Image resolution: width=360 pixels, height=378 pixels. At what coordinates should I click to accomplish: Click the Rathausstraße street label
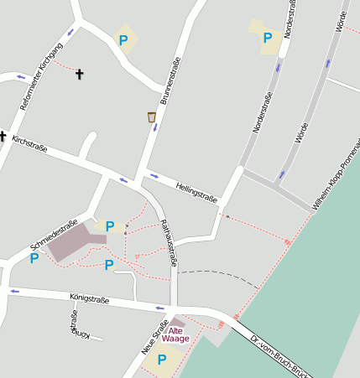click(168, 243)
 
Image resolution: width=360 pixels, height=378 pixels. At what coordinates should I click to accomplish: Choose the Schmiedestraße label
click(54, 235)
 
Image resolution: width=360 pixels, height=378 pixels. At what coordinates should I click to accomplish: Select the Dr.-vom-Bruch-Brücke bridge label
click(280, 357)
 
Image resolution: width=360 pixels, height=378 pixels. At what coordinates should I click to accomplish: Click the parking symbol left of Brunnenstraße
click(124, 39)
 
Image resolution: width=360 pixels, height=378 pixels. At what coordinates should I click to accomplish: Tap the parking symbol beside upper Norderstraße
click(268, 38)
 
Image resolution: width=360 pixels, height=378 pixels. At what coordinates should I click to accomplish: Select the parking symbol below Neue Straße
click(160, 361)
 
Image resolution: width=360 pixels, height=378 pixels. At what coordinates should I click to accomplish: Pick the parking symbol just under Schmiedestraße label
click(34, 258)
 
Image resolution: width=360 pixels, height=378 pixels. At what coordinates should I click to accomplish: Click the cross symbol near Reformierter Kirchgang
click(80, 75)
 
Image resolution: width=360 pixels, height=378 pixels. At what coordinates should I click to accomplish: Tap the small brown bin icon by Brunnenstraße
click(152, 117)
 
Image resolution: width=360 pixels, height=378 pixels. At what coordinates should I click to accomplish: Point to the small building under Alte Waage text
click(177, 322)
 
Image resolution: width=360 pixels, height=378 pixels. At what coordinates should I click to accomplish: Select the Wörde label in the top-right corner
click(341, 20)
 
